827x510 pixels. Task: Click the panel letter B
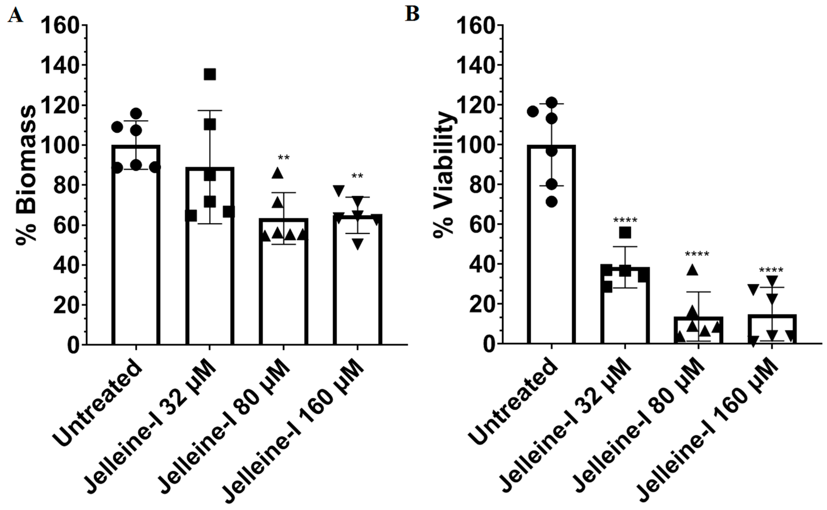pos(412,14)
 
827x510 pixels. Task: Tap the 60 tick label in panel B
pos(479,225)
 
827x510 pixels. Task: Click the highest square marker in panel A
pos(210,75)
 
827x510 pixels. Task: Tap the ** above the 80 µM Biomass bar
pos(284,158)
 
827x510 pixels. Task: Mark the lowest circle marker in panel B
pos(552,202)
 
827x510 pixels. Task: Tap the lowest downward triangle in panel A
pos(358,244)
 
